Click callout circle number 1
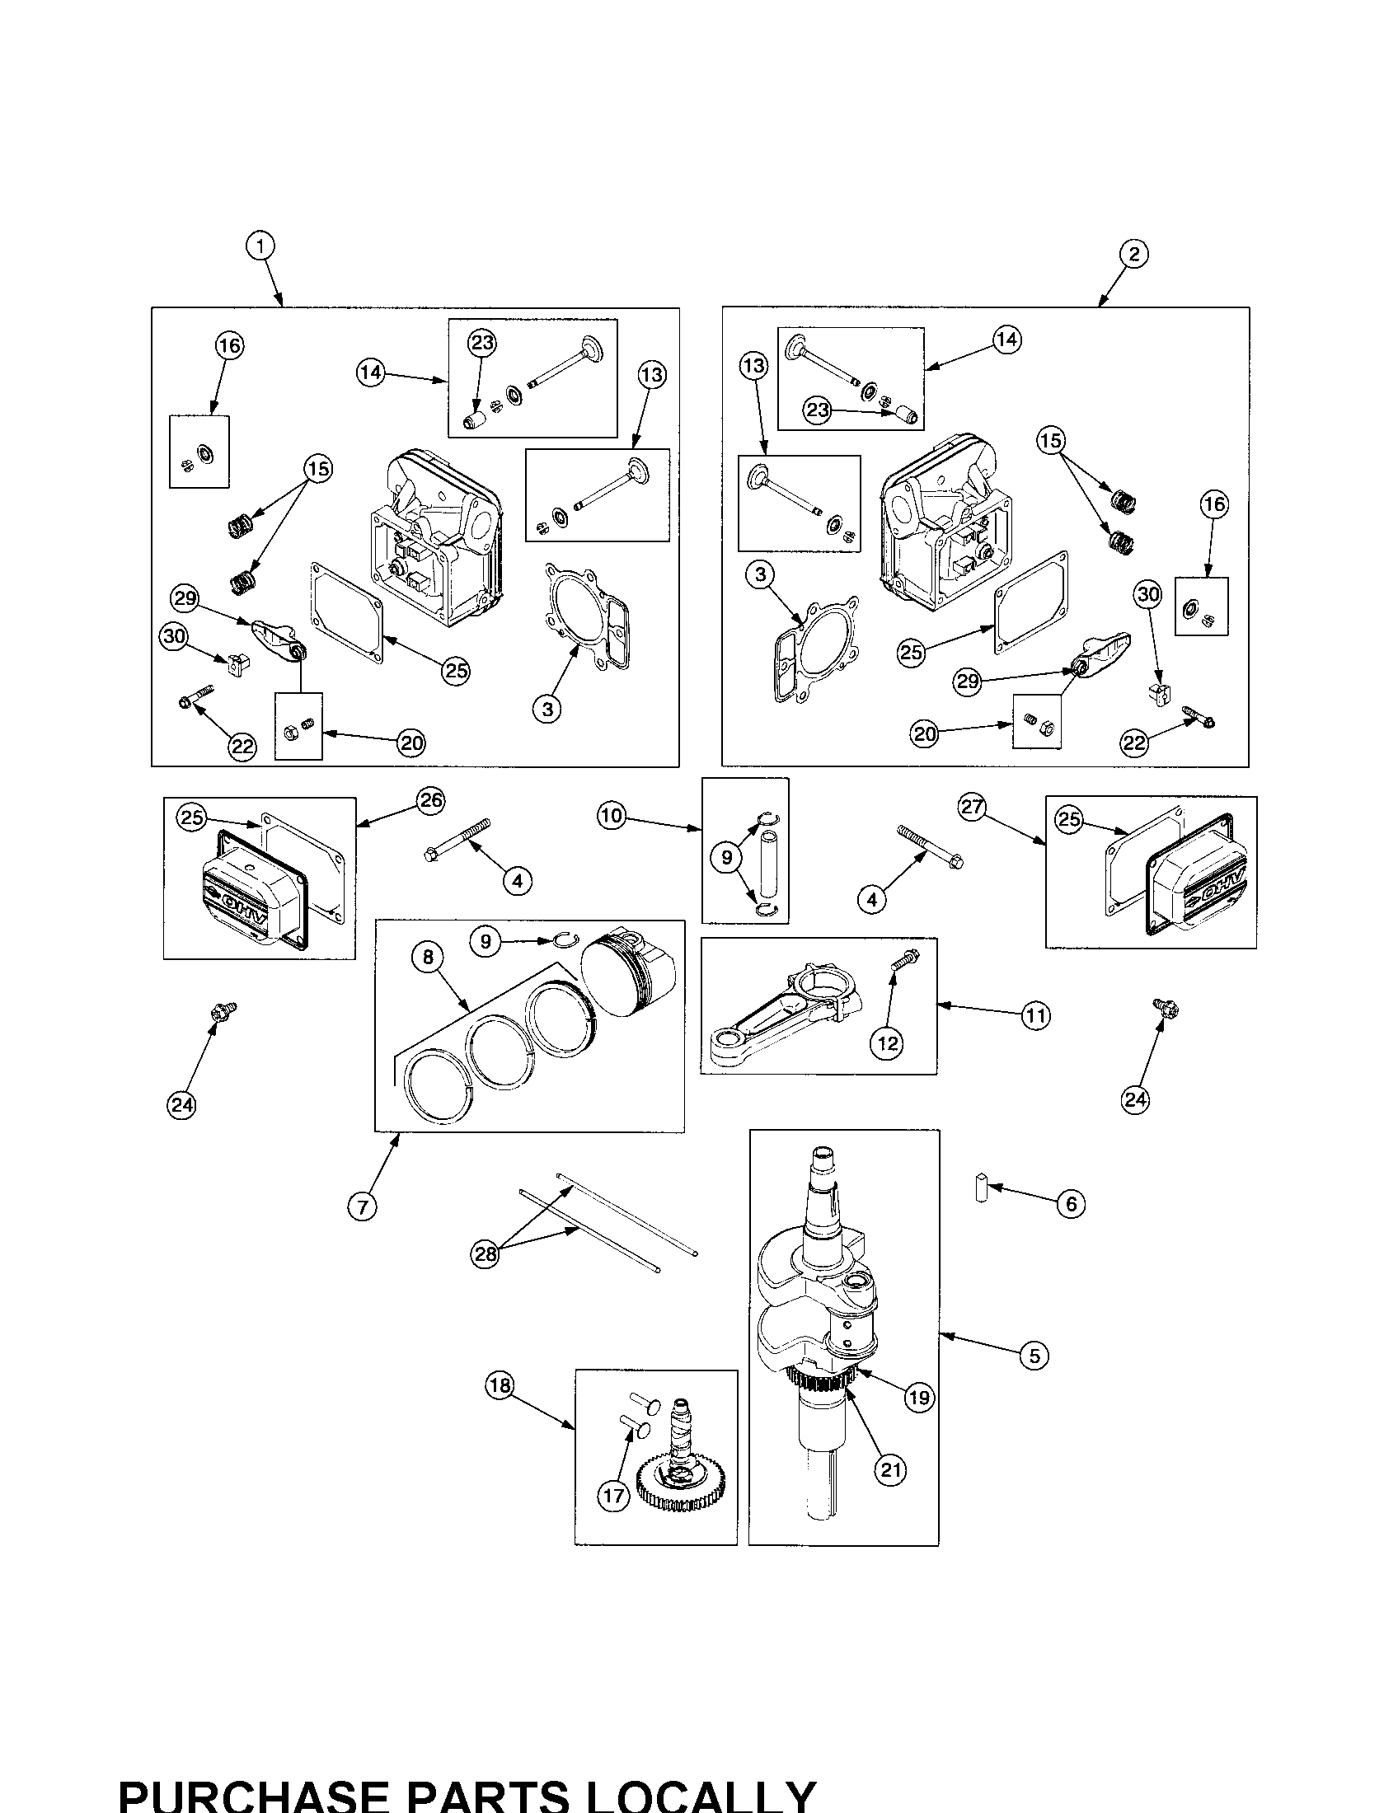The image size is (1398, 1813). point(260,246)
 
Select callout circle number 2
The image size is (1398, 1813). point(1134,253)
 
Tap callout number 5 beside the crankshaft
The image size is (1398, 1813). point(1034,1356)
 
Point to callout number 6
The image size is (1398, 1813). point(1071,1204)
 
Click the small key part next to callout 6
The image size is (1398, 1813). point(981,1188)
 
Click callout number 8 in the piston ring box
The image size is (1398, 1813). point(428,957)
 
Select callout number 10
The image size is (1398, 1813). point(611,816)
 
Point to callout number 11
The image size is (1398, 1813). point(1035,1015)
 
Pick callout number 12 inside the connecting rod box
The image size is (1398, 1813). point(888,1043)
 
